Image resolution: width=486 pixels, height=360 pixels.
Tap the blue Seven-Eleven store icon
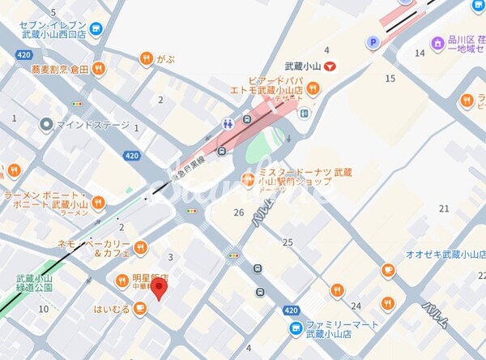pyautogui.click(x=97, y=30)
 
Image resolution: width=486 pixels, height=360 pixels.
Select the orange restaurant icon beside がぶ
pyautogui.click(x=146, y=58)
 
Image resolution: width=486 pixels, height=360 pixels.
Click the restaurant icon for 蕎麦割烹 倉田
pyautogui.click(x=98, y=71)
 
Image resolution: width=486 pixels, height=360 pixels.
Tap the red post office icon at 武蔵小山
pyautogui.click(x=329, y=71)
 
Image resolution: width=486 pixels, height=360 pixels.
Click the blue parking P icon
pyautogui.click(x=373, y=42)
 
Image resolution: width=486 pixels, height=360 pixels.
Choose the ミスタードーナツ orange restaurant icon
pyautogui.click(x=249, y=178)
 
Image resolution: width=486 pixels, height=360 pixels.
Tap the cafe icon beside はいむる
pyautogui.click(x=140, y=308)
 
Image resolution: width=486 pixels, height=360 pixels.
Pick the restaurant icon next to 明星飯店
pyautogui.click(x=120, y=280)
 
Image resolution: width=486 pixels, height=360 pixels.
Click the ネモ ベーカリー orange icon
pyautogui.click(x=140, y=246)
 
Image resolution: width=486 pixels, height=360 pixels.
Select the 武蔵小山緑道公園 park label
pyautogui.click(x=34, y=282)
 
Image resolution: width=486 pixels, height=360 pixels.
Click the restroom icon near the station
pyautogui.click(x=229, y=124)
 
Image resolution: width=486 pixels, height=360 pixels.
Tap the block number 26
pyautogui.click(x=238, y=212)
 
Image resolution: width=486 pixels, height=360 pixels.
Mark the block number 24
pyautogui.click(x=356, y=306)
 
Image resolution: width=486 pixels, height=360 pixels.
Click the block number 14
pyautogui.click(x=420, y=53)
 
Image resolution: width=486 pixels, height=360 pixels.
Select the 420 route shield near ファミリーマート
pyautogui.click(x=292, y=311)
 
